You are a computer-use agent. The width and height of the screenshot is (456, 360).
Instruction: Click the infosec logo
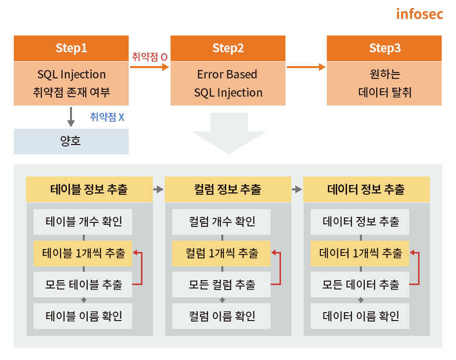[x=420, y=13]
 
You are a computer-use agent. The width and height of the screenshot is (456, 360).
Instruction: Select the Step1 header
[x=71, y=48]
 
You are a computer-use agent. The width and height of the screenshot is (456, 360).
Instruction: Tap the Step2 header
[x=228, y=48]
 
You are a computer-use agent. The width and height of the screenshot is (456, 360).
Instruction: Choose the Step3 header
[x=384, y=48]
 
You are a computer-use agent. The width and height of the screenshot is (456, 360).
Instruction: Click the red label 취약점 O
[x=149, y=57]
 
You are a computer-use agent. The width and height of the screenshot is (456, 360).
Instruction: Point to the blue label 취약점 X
[x=107, y=117]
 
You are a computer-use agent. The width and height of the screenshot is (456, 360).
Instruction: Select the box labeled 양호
[x=71, y=142]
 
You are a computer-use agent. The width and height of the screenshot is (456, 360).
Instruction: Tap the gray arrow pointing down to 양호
[x=71, y=117]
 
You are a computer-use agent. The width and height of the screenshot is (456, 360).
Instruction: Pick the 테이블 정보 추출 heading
[x=89, y=189]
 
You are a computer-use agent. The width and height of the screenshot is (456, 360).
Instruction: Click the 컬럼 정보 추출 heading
[x=228, y=189]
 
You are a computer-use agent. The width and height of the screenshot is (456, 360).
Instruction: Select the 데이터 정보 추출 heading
[x=366, y=189]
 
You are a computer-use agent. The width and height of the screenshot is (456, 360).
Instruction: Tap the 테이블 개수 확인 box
[x=83, y=221]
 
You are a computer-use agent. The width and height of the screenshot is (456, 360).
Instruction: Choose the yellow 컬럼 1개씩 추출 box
[x=221, y=253]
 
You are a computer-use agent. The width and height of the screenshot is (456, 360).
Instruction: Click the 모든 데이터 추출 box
[x=360, y=285]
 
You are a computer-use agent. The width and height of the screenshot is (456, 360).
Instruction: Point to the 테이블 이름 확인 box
[x=83, y=316]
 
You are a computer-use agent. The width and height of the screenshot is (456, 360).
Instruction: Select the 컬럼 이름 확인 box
[x=221, y=316]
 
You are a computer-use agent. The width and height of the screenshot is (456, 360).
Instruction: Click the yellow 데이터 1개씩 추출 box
[x=360, y=253]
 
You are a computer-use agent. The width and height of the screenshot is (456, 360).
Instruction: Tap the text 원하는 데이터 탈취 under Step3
[x=384, y=83]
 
